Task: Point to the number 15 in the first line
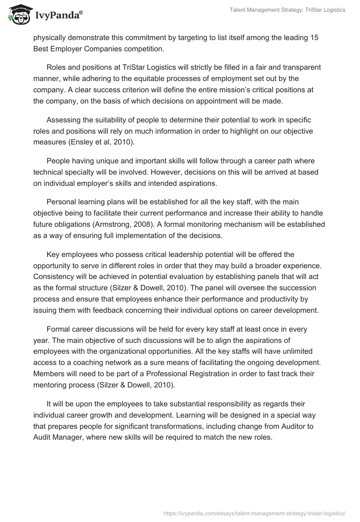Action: click(x=314, y=38)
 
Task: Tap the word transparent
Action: click(x=303, y=67)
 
